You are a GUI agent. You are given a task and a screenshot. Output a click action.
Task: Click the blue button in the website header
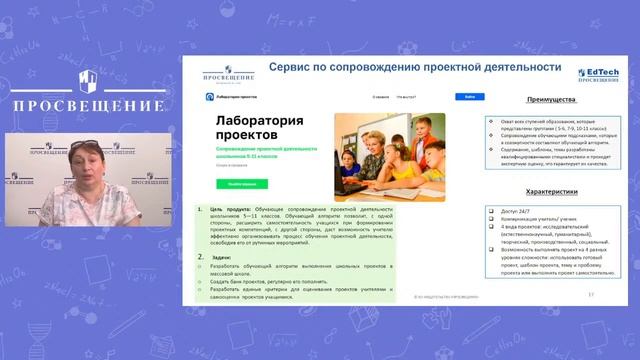[x=469, y=97]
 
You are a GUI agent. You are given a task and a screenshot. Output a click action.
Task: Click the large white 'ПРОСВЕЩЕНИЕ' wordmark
[x=88, y=104]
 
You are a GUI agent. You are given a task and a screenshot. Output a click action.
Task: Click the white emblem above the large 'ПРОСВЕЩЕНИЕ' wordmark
[x=88, y=80]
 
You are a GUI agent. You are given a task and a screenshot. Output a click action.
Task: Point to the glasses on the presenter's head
[x=85, y=145]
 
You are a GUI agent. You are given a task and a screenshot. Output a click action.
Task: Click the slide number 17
[x=591, y=295]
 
